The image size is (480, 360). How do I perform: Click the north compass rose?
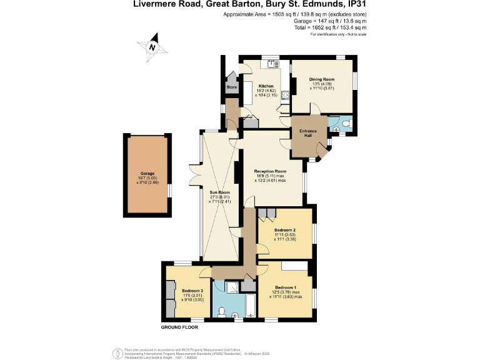tap(151, 47)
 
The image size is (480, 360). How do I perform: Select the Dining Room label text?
tap(323, 79)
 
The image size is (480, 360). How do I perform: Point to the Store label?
tap(231, 87)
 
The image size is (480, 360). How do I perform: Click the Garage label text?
tap(147, 173)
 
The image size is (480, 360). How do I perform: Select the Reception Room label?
tap(270, 171)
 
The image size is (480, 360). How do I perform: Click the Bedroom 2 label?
tap(284, 229)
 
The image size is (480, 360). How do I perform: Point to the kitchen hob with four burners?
tap(285, 96)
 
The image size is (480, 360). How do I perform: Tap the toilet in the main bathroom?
tap(222, 311)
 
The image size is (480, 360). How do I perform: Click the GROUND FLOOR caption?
tap(180, 327)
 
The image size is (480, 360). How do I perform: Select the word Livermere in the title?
tap(152, 4)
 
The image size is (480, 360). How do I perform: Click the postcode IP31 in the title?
tap(355, 4)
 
